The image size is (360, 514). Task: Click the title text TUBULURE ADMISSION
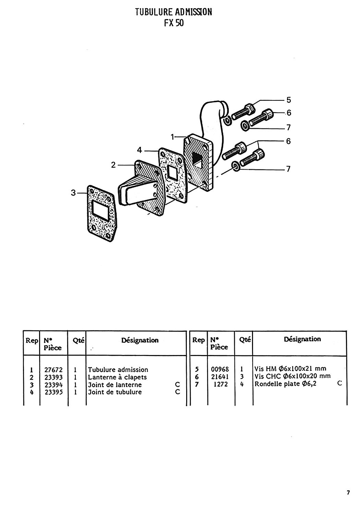(173, 12)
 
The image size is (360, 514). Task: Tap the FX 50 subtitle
(174, 23)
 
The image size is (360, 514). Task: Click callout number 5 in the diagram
(289, 100)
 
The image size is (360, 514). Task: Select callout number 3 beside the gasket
(73, 193)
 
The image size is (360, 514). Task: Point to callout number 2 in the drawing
(113, 165)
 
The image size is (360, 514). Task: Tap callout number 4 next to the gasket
(140, 150)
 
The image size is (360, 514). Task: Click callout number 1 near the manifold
(172, 137)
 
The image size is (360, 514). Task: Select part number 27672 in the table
(53, 370)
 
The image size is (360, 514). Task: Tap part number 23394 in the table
(53, 385)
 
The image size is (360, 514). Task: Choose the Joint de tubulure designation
(115, 392)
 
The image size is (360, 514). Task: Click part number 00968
(220, 369)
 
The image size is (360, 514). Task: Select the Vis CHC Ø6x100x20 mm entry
(292, 376)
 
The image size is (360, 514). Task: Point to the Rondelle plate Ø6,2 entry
(285, 384)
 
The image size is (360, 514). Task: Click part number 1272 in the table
(221, 384)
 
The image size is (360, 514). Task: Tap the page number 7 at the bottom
(348, 492)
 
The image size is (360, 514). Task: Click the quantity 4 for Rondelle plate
(242, 384)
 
